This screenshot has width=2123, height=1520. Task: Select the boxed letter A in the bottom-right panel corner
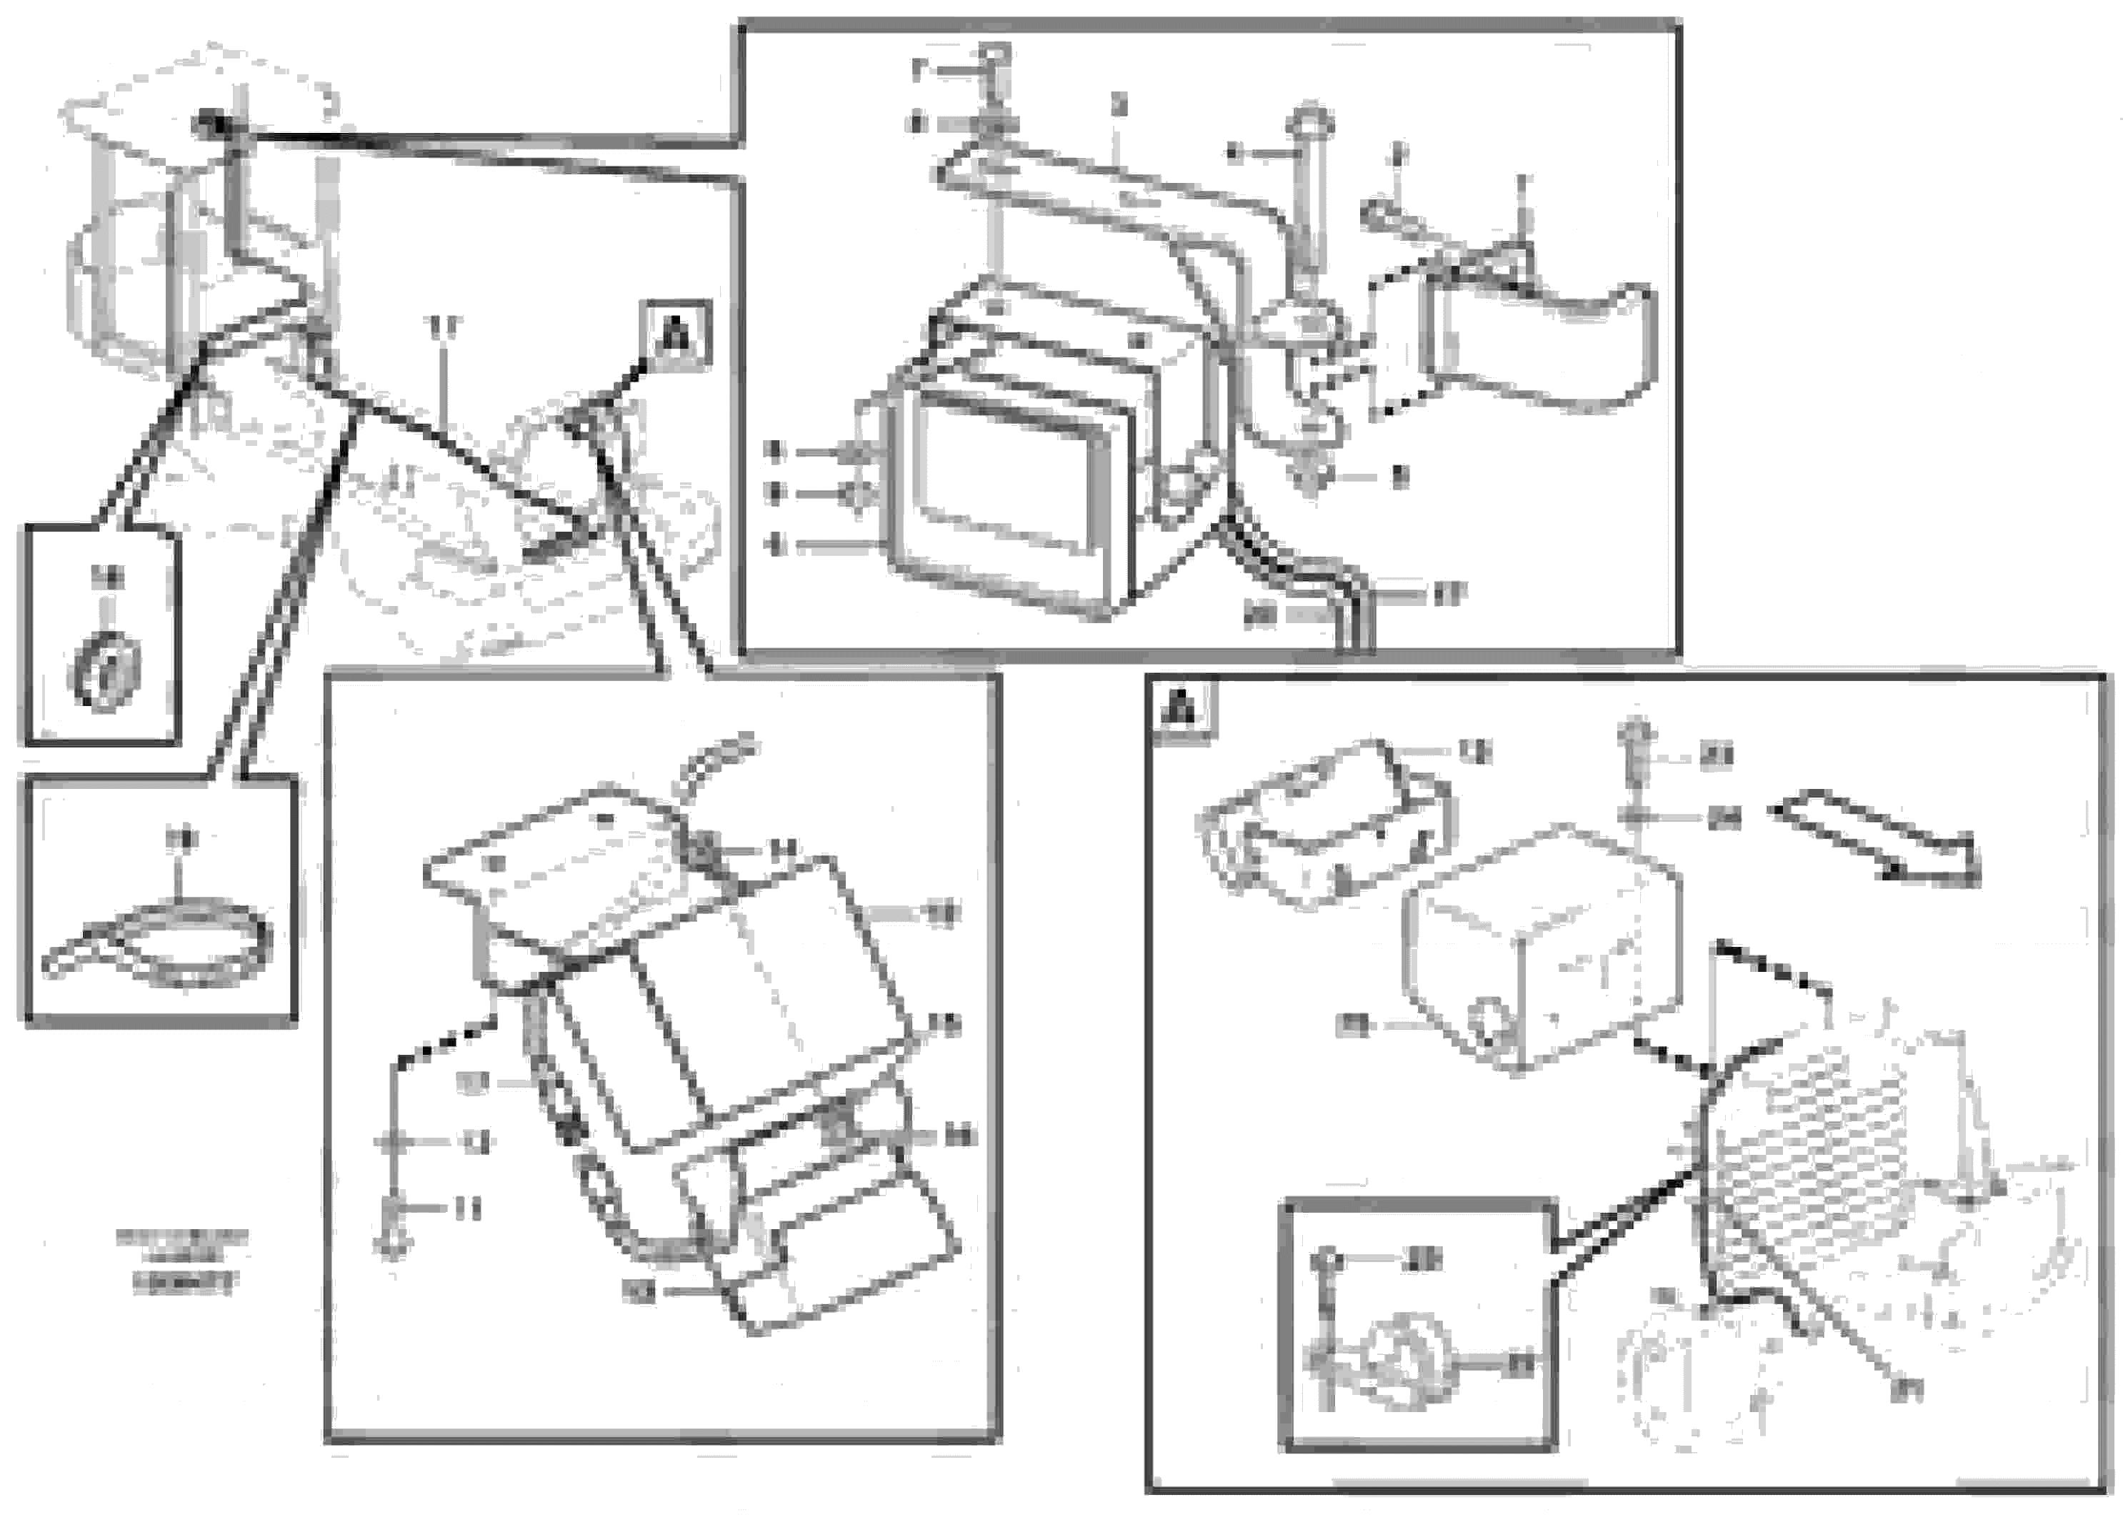point(1181,708)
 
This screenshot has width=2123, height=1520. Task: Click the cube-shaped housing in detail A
point(1534,945)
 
